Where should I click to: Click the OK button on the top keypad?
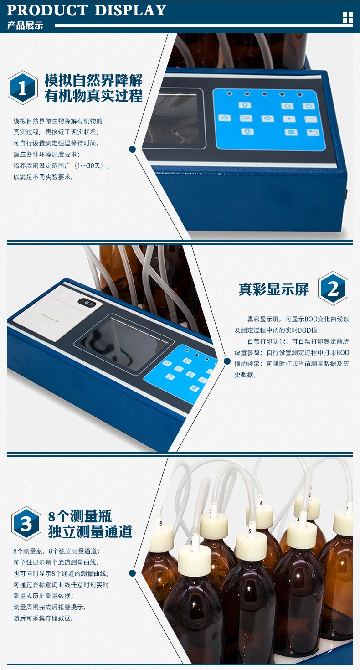point(246,118)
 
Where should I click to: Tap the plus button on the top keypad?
point(289,119)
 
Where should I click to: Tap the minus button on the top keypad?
point(311,119)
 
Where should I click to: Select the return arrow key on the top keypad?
point(313,133)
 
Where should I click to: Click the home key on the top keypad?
point(287,106)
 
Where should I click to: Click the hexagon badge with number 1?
point(22,88)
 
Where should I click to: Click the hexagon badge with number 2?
point(333,289)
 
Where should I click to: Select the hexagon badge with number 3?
point(26,523)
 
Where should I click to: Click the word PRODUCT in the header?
point(47,10)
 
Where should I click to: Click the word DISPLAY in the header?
point(130,10)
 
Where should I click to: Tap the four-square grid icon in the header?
point(348,18)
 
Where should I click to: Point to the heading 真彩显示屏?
point(273,289)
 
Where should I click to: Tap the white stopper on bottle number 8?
point(161,538)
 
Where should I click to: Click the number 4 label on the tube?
point(261,503)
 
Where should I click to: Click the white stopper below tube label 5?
point(251,546)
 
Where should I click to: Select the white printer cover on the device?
point(57,314)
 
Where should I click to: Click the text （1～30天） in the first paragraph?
point(91,166)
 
